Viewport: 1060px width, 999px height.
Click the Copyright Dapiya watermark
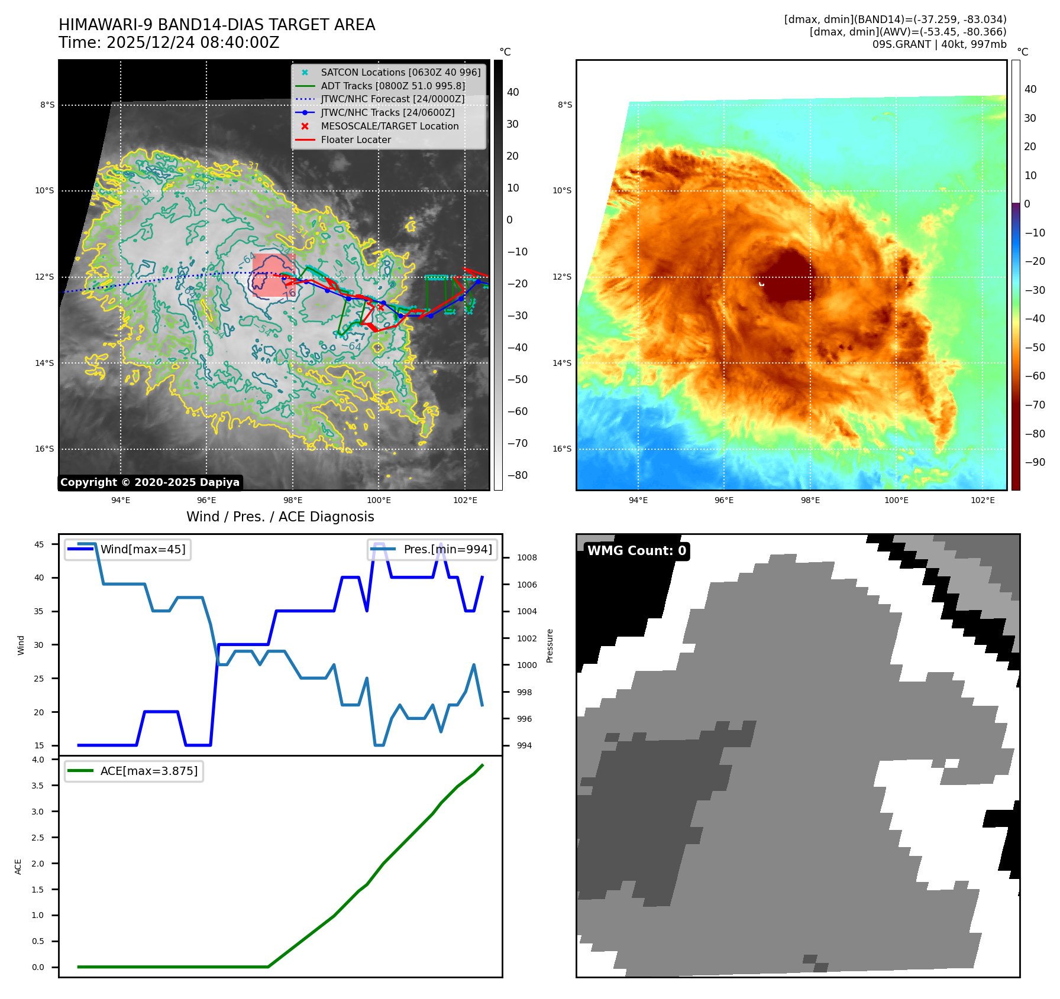click(x=150, y=482)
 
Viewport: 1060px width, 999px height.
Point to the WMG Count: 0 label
click(x=636, y=551)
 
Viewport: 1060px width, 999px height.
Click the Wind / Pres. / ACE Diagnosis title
click(x=280, y=517)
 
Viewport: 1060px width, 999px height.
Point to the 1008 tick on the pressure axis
click(x=526, y=558)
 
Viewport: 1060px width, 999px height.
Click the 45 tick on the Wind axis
click(x=39, y=545)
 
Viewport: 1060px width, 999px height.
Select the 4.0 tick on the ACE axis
click(x=38, y=760)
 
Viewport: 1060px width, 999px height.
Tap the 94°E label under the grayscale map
click(x=121, y=501)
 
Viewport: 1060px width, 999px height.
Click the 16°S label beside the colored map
click(x=562, y=449)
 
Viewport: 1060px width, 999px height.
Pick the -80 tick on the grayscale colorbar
click(x=517, y=475)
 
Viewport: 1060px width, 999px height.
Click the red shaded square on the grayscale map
click(x=273, y=275)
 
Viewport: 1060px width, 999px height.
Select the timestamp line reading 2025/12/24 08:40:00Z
click(x=169, y=43)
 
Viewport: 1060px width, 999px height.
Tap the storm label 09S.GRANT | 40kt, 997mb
click(x=939, y=44)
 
